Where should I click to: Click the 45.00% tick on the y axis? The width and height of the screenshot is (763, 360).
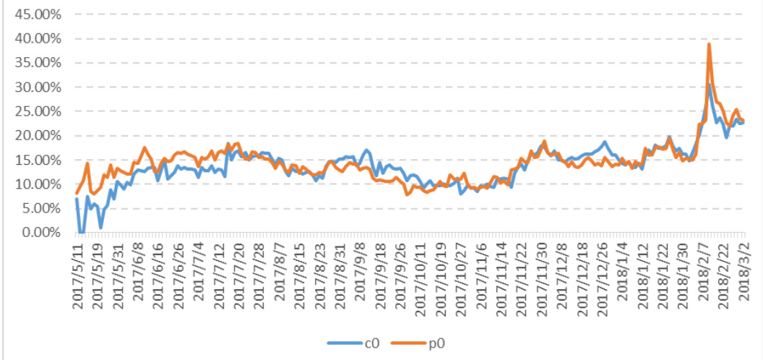[41, 14]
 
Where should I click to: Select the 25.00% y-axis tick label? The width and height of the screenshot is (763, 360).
[41, 111]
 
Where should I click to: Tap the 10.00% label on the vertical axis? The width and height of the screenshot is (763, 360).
[41, 184]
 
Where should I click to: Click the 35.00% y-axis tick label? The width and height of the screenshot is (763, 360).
[41, 63]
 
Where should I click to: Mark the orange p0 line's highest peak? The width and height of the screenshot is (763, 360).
[709, 44]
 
